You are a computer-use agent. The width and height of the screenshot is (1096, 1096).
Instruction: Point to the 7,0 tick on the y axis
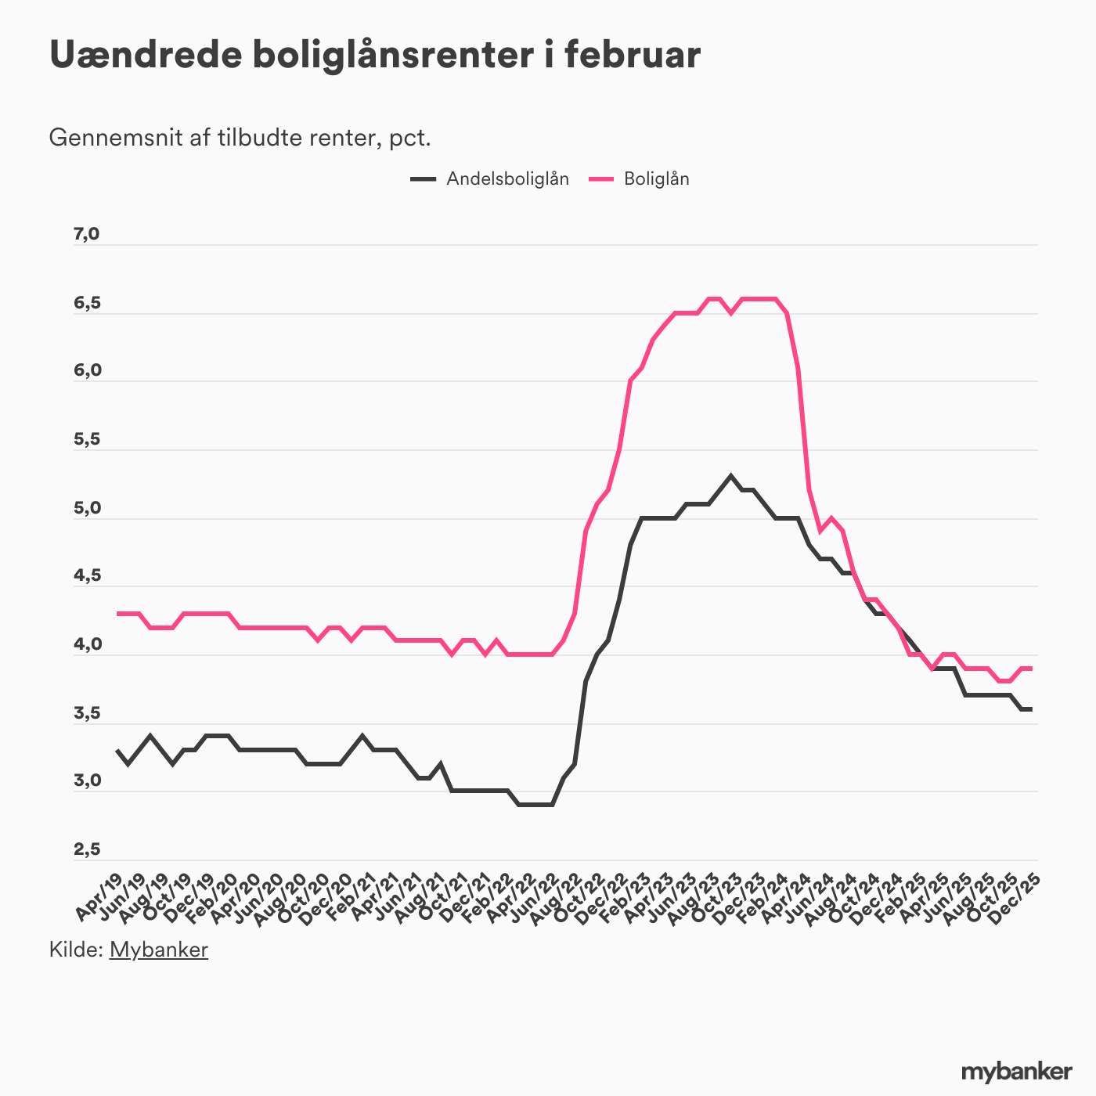tap(87, 234)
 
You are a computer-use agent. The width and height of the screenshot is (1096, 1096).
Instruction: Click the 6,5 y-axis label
tap(87, 303)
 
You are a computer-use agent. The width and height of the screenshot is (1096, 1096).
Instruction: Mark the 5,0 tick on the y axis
tap(87, 508)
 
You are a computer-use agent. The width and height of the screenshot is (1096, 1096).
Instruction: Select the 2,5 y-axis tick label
tap(87, 849)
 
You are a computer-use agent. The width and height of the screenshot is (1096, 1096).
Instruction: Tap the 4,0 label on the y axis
tap(87, 644)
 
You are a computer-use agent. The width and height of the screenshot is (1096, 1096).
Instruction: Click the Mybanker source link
tap(158, 950)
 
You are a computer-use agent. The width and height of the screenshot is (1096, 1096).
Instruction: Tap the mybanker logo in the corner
tap(1016, 1071)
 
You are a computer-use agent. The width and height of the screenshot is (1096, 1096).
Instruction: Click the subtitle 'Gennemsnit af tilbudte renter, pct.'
tap(240, 138)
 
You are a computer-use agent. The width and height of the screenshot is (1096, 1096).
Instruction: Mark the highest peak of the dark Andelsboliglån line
tap(730, 476)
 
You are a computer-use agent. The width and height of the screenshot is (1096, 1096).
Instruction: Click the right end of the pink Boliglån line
tap(1032, 668)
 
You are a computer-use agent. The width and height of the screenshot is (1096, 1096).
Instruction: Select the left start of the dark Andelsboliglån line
tap(117, 750)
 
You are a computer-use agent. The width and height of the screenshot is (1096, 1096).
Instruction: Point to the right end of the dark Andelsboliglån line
tap(1032, 709)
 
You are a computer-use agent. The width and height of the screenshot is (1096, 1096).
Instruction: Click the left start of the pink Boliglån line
tap(117, 613)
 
